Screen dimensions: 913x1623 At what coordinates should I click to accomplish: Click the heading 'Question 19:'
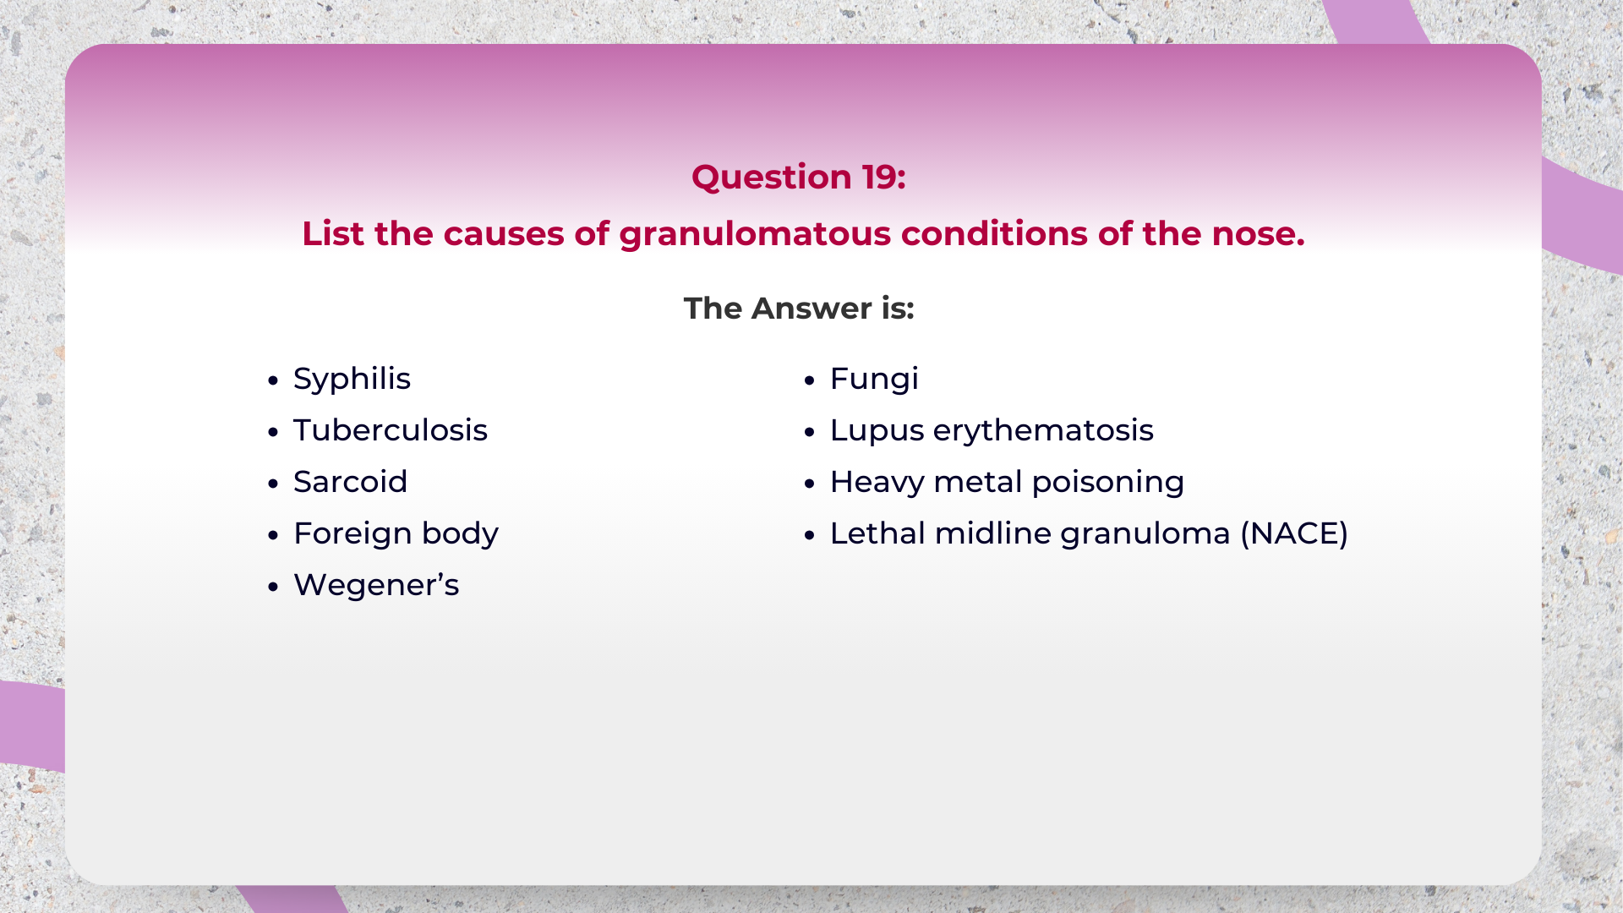tap(798, 177)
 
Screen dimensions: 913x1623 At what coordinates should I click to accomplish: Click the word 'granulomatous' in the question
tap(754, 234)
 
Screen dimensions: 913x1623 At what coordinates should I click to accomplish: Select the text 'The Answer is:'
tap(798, 309)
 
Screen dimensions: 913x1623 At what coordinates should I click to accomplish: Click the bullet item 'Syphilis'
tap(352, 379)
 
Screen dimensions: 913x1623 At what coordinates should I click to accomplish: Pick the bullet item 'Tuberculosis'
tap(390, 430)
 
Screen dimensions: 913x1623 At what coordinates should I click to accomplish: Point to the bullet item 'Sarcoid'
tap(350, 482)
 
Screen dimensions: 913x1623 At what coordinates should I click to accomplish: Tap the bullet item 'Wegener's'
tap(375, 585)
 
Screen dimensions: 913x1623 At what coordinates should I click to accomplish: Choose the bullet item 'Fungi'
tap(873, 379)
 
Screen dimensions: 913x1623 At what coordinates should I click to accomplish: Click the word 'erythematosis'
tap(1042, 430)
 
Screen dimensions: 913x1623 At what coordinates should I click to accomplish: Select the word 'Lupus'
tap(877, 430)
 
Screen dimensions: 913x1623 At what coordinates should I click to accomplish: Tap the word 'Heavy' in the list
tap(877, 482)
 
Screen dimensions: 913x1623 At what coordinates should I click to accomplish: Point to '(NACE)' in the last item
tap(1293, 533)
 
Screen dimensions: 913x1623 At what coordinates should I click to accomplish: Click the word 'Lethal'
tap(877, 533)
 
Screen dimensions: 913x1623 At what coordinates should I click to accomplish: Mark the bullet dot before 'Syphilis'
tap(272, 380)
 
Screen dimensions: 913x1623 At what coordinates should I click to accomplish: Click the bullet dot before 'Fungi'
tap(810, 380)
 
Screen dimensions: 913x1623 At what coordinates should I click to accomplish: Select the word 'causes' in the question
tap(503, 234)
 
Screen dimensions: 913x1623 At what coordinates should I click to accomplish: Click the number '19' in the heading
tap(878, 177)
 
